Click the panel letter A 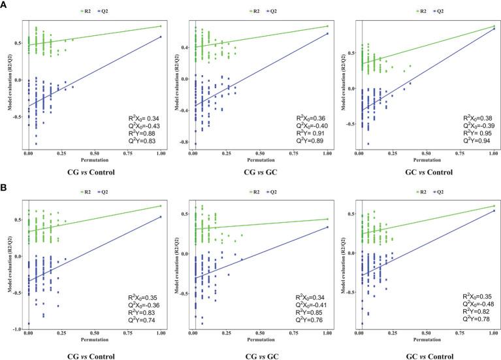pyautogui.click(x=5, y=5)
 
